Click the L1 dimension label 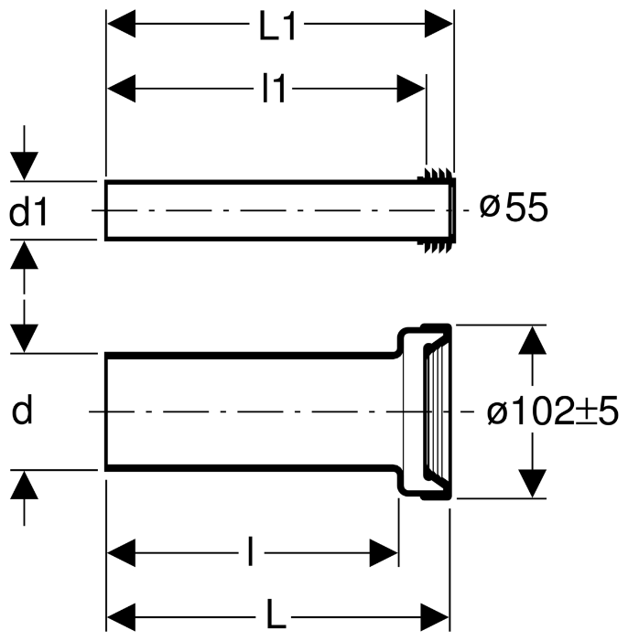coord(277,26)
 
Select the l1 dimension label coord(274,89)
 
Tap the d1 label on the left coord(28,211)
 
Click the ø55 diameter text coord(514,208)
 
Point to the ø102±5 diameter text coord(553,411)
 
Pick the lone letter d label coord(22,410)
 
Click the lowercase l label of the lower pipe coord(251,552)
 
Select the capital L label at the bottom coord(276,616)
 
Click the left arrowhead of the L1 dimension coord(121,25)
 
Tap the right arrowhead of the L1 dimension coord(439,25)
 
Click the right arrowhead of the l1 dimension coord(411,89)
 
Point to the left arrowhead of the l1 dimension coord(121,89)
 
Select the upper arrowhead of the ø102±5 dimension coord(532,339)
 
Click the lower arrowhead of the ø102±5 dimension coord(532,484)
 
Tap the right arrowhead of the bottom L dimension coord(435,616)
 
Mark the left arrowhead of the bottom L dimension coord(121,616)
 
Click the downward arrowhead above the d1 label coord(24,166)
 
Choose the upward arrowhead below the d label coord(24,485)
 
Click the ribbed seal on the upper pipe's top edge coord(437,174)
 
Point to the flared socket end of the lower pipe coord(426,411)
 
